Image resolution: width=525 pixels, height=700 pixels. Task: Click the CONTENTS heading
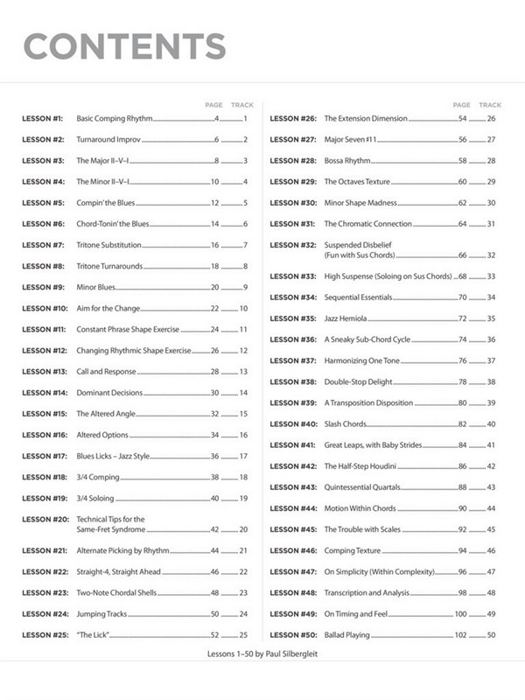123,45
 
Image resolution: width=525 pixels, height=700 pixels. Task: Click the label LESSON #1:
42,118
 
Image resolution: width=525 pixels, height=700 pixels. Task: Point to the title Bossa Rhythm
347,161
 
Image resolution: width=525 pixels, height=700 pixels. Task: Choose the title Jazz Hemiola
346,318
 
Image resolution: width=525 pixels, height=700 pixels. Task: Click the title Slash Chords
345,424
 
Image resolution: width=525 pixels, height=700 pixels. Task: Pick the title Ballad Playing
346,634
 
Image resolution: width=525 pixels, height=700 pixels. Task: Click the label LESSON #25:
45,634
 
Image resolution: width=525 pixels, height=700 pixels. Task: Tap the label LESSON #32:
292,245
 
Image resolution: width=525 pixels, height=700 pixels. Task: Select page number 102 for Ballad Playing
461,634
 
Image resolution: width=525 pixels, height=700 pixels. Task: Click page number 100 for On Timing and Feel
461,613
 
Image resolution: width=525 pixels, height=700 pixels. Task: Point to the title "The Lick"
92,634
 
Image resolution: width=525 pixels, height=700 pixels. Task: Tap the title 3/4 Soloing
95,498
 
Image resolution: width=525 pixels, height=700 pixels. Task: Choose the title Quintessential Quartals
362,487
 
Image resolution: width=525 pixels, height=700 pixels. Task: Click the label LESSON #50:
292,634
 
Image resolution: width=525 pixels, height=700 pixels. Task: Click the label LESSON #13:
45,372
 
